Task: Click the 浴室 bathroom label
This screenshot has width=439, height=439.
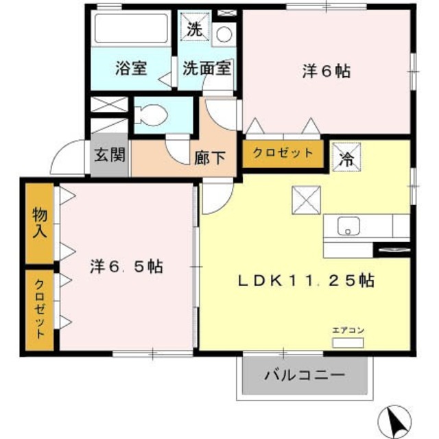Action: click(x=130, y=69)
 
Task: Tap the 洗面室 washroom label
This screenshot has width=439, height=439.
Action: click(x=206, y=69)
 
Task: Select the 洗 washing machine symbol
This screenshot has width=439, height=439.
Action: click(x=195, y=30)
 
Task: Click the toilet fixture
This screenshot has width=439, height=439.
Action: click(x=151, y=115)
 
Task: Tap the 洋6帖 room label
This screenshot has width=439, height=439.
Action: click(x=326, y=70)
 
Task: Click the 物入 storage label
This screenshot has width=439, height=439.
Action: click(x=39, y=222)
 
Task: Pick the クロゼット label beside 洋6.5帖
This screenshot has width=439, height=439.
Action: click(x=39, y=309)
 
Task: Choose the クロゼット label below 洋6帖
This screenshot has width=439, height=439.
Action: click(x=283, y=153)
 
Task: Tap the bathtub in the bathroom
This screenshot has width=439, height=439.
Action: click(x=130, y=28)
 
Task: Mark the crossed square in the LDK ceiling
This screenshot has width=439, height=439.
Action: click(x=306, y=200)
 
